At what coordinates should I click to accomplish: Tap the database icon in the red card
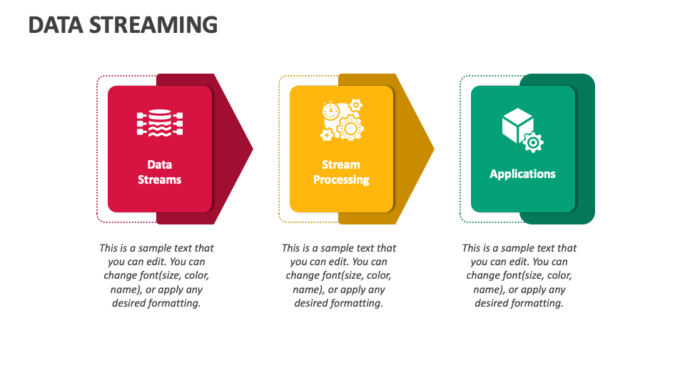[160, 123]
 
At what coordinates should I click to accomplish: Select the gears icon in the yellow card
[342, 121]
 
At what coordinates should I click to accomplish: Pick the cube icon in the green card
[518, 126]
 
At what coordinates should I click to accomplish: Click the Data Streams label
[160, 172]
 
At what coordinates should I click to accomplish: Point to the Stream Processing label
[341, 172]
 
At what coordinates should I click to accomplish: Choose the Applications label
[522, 174]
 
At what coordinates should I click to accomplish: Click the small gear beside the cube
[533, 142]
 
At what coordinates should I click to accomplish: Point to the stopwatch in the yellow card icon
[330, 111]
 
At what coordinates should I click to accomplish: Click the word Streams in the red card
[160, 180]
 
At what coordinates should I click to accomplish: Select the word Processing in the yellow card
[341, 180]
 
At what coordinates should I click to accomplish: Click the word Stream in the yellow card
[341, 165]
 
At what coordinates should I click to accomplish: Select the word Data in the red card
[160, 165]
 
